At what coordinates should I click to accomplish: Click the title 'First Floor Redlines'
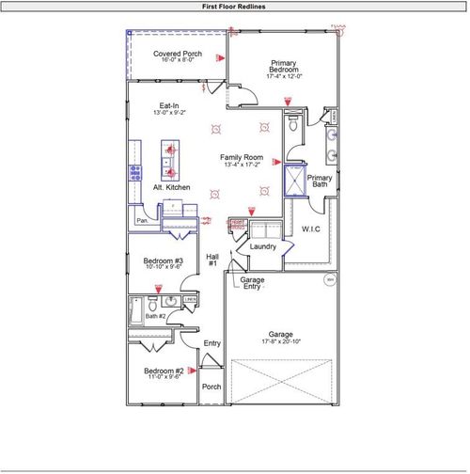tap(234, 6)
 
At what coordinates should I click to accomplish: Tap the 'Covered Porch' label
tap(178, 54)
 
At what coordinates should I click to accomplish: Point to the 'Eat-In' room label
tap(169, 105)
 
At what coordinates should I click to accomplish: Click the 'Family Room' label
tap(241, 157)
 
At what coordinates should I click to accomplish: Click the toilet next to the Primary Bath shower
tap(292, 124)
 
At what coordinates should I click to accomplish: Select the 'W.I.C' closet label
tap(312, 229)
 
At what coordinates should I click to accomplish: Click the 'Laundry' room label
tap(262, 246)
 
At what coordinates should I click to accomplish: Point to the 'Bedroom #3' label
tap(163, 261)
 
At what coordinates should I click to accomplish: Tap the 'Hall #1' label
tap(212, 261)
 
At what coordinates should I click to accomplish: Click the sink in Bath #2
tap(170, 302)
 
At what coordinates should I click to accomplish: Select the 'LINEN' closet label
tap(190, 301)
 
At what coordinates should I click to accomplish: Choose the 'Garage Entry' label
tap(251, 283)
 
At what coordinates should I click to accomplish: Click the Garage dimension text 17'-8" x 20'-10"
tap(281, 341)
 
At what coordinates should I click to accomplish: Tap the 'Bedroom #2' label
tap(164, 371)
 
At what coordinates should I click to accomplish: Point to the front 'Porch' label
tap(211, 387)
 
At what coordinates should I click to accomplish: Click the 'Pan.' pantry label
tap(143, 221)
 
